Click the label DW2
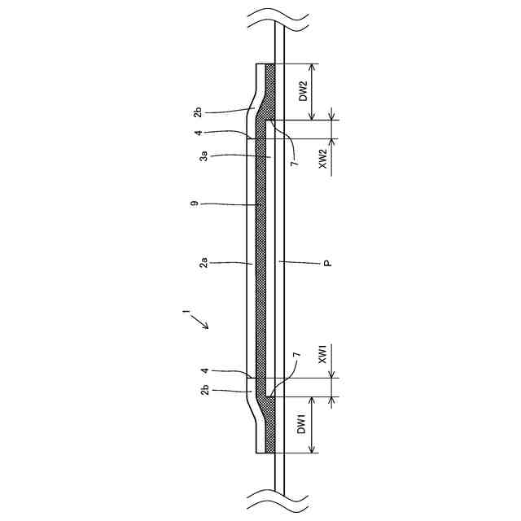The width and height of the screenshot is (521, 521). tap(304, 91)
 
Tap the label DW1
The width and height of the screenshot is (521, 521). tap(301, 425)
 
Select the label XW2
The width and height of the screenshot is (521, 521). tap(323, 159)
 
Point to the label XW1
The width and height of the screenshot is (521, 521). tap(323, 354)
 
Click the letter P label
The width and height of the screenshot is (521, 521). tap(328, 264)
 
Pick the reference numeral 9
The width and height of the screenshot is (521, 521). tap(195, 203)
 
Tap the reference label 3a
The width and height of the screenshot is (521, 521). tap(204, 155)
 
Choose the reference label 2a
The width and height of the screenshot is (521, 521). tap(204, 262)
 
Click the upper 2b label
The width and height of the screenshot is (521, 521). tap(198, 112)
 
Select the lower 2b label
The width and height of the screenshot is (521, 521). tap(205, 390)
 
